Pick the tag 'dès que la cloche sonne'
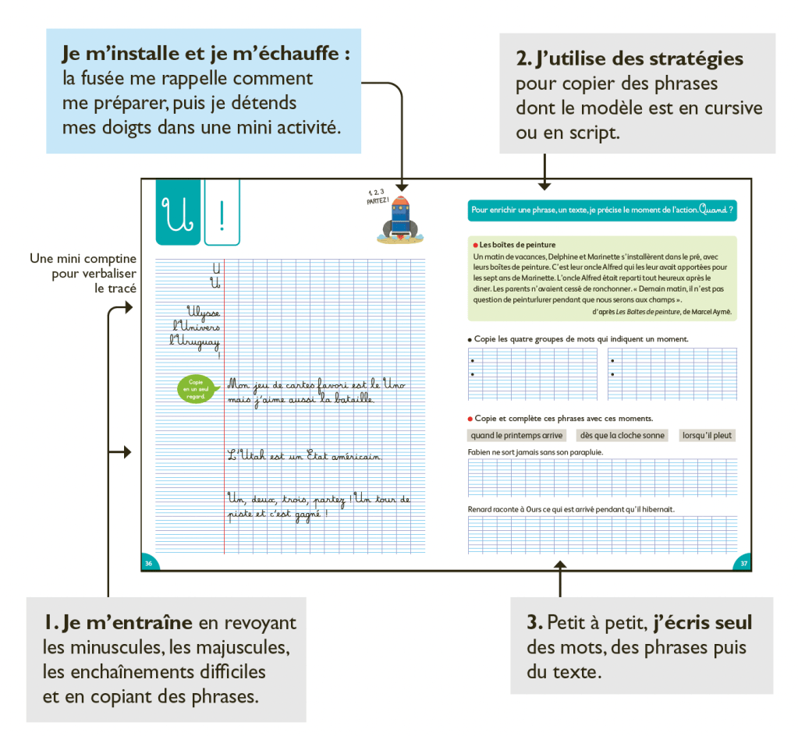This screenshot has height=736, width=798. point(621,436)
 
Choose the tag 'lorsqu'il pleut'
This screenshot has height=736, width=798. point(707,436)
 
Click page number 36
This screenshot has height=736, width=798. point(148,564)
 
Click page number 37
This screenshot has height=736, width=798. point(743,564)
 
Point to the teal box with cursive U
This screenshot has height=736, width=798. point(178,212)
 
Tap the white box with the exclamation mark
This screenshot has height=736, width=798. point(222,212)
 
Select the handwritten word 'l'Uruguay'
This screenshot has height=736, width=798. point(195,341)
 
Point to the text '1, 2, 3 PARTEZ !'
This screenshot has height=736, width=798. point(377,196)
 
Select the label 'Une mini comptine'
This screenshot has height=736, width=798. point(83,259)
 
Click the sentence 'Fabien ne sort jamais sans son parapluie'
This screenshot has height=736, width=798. point(535,452)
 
